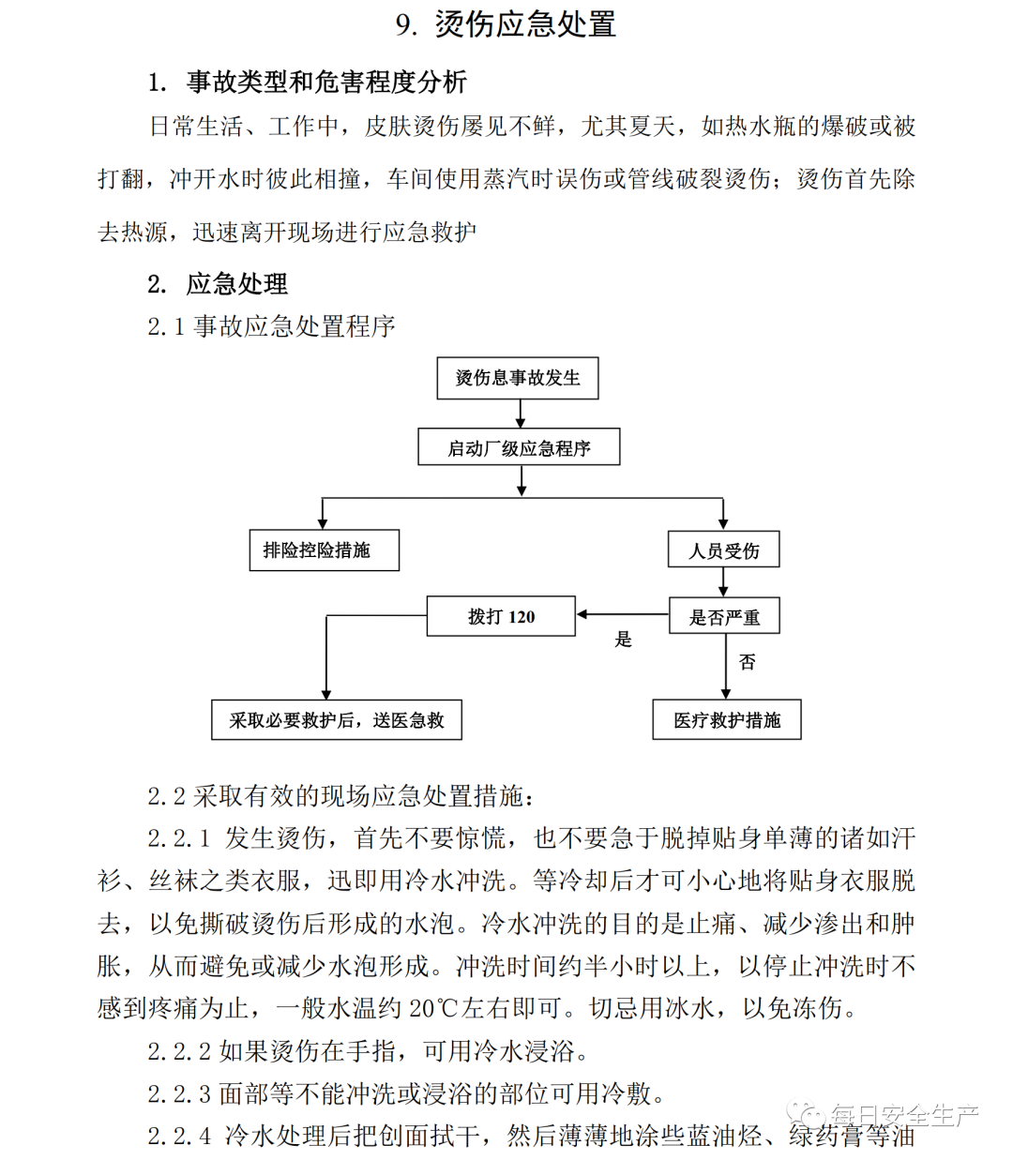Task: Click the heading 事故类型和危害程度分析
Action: pos(325,83)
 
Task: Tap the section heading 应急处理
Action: pos(236,283)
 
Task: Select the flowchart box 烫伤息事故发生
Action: pos(518,378)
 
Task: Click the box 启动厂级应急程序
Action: pos(519,448)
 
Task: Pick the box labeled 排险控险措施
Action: pos(325,550)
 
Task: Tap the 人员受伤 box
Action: pos(723,550)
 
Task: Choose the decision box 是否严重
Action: pos(723,616)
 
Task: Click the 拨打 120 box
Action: pos(501,616)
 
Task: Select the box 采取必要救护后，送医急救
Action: pos(336,720)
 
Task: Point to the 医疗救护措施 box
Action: pos(727,720)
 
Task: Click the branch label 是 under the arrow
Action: pos(623,640)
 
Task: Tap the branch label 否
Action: pos(747,662)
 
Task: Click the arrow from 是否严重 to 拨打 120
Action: pos(622,614)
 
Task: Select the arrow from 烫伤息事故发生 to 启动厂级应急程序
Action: pos(521,414)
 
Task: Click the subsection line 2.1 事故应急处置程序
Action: pos(271,326)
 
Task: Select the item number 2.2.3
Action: pos(179,1093)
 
